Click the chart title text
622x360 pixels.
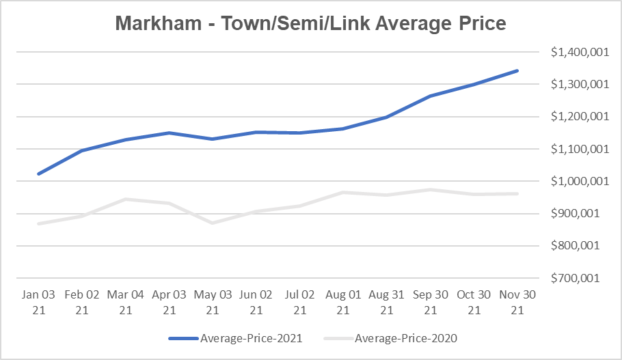310,23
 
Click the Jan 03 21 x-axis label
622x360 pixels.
39,302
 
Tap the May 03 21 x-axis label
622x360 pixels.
213,302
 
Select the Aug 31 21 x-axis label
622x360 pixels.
387,302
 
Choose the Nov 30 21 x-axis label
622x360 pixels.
517,302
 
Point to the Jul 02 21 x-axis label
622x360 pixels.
299,302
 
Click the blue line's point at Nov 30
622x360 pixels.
517,70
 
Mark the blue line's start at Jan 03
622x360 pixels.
39,174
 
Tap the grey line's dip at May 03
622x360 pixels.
213,223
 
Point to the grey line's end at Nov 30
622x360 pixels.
517,193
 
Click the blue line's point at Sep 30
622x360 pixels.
431,96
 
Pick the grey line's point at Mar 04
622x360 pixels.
126,199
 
